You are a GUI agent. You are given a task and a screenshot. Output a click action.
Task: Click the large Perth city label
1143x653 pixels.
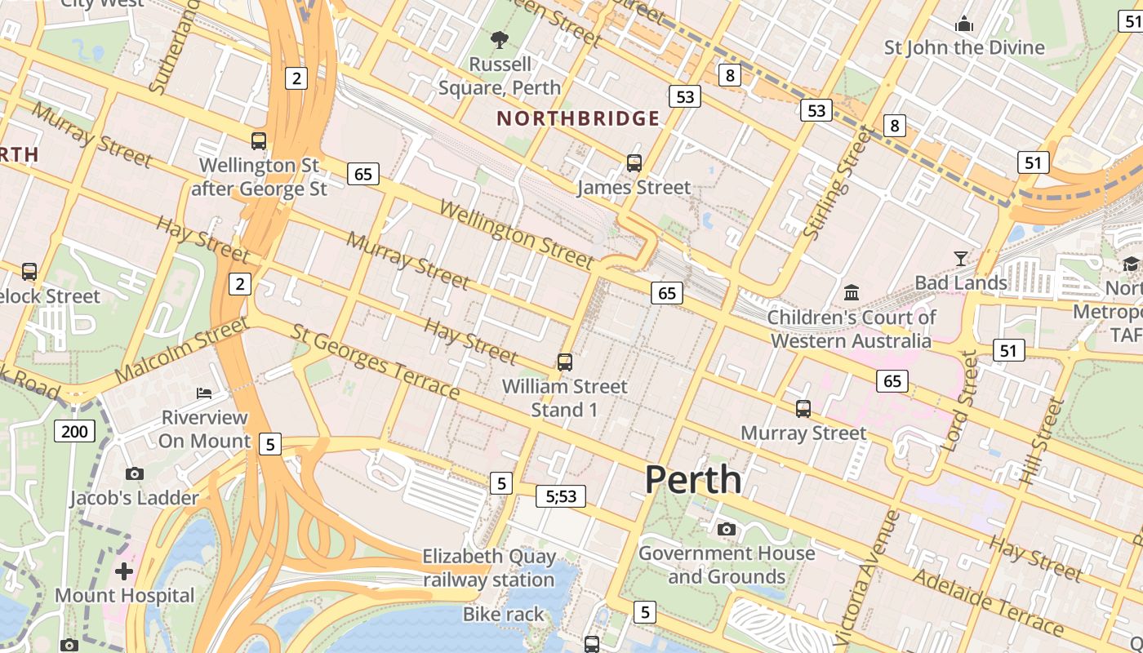coord(693,480)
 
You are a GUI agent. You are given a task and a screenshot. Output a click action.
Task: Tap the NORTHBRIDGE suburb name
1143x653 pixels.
coord(578,119)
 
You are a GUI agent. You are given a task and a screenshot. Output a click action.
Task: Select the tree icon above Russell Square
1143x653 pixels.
coord(499,39)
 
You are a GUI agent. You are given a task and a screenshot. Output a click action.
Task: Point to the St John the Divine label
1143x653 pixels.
coord(964,47)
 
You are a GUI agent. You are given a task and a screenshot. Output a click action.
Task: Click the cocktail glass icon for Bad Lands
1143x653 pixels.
coord(960,259)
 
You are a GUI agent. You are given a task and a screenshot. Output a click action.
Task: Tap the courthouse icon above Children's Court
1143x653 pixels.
coord(852,292)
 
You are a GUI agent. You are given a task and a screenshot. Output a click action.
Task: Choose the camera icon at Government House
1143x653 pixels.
coord(726,530)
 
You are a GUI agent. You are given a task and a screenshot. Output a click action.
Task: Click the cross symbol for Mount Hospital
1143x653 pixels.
coord(124,571)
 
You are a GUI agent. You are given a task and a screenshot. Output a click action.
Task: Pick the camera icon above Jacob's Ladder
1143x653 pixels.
coord(135,473)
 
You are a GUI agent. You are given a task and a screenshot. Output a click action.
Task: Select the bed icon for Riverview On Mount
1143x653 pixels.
coord(204,393)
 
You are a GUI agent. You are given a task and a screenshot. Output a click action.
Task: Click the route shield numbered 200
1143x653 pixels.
coord(75,431)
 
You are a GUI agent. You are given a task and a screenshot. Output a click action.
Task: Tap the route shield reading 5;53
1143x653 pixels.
coord(561,495)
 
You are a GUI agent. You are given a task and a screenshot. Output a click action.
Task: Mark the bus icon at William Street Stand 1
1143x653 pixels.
coord(564,362)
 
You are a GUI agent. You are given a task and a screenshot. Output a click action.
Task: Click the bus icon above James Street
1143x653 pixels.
coord(634,162)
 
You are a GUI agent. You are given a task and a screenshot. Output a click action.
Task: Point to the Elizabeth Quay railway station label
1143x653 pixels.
coord(489,568)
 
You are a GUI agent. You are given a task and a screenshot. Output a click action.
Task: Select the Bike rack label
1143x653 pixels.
coord(503,614)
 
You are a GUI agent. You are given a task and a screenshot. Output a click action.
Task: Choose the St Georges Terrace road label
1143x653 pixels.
coord(376,362)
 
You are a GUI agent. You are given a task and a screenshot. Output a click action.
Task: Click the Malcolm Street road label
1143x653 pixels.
coord(181,350)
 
